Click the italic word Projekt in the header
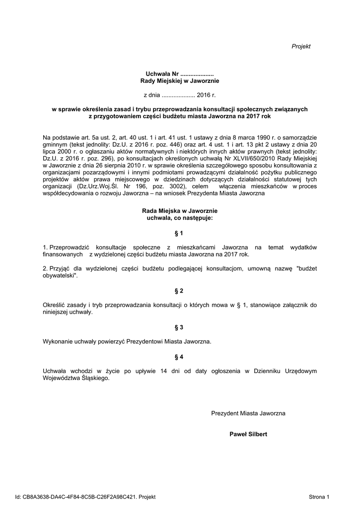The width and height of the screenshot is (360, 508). pyautogui.click(x=301, y=46)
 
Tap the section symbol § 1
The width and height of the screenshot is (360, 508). pyautogui.click(x=179, y=233)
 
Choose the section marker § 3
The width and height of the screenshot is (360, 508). pyautogui.click(x=179, y=327)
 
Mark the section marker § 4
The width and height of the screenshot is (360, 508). pyautogui.click(x=179, y=356)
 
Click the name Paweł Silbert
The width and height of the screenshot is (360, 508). pyautogui.click(x=248, y=434)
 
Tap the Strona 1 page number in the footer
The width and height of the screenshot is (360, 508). pyautogui.click(x=319, y=496)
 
